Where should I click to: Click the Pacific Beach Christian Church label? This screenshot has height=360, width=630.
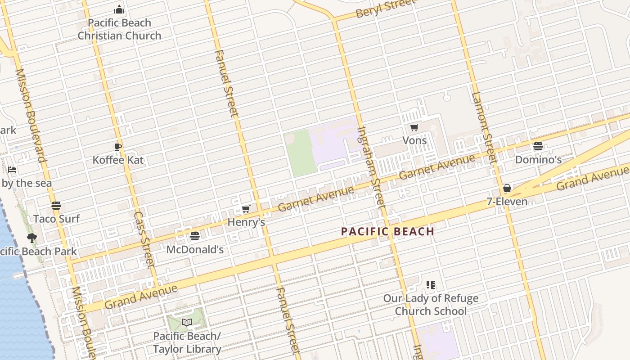[x=119, y=29]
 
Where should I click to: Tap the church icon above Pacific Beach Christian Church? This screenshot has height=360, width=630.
[x=119, y=9]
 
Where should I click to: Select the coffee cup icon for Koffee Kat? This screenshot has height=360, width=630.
[x=118, y=147]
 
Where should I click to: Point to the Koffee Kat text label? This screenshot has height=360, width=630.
[x=118, y=160]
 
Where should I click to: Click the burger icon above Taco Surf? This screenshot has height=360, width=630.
[x=56, y=206]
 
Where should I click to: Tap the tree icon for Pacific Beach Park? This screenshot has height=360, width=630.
[x=31, y=238]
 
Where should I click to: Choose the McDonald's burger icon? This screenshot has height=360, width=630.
[x=195, y=236]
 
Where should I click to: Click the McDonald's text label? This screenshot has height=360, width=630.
[x=195, y=249]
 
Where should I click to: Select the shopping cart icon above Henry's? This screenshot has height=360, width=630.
[x=246, y=209]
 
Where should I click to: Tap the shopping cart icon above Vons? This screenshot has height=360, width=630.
[x=414, y=127]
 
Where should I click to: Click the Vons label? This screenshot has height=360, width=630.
[x=414, y=140]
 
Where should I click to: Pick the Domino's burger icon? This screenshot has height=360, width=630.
[x=538, y=146]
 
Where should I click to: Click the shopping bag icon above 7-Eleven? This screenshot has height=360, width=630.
[x=507, y=188]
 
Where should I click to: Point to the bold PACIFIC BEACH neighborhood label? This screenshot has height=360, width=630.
[x=387, y=232]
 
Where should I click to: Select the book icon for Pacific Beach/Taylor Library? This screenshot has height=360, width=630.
[x=187, y=322]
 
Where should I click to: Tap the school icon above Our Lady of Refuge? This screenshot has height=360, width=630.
[x=431, y=285]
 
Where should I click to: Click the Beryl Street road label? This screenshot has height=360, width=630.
[x=385, y=8]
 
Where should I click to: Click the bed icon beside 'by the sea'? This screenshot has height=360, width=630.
[x=12, y=170]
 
